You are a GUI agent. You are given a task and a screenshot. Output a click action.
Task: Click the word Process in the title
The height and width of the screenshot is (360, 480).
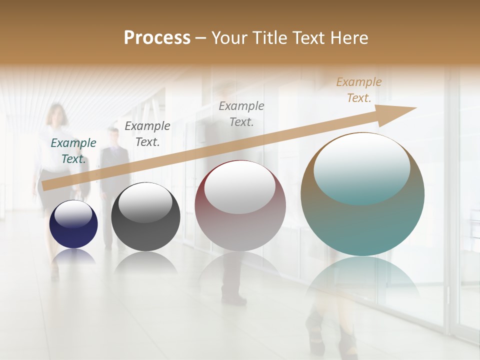point(157,38)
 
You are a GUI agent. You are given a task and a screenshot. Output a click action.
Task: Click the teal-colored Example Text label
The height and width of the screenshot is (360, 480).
point(73,151)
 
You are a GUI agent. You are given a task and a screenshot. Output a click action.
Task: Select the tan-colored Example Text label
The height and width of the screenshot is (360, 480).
point(359,90)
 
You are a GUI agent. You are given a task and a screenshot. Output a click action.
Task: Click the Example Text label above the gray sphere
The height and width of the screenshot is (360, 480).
point(147,134)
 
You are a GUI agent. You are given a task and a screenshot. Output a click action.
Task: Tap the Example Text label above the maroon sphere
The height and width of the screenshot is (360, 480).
point(241,113)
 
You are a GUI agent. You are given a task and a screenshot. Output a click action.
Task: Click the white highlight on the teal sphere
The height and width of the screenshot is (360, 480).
point(362,167)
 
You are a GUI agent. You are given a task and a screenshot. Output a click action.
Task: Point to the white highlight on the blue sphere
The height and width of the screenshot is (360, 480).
point(73,213)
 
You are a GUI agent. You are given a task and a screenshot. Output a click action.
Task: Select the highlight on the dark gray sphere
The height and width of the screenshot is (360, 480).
point(145,202)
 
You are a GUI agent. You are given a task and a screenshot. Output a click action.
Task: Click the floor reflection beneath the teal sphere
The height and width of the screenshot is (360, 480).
point(362,280)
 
